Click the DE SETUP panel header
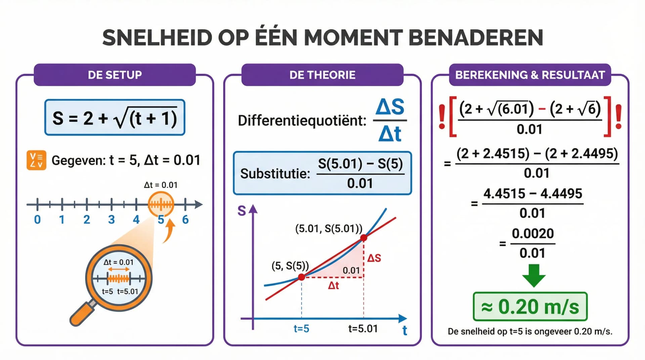(115, 75)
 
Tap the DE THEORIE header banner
(322, 75)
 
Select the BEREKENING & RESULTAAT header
(530, 75)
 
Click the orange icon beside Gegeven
(36, 160)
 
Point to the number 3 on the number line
(112, 220)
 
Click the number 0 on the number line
(37, 220)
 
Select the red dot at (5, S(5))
(302, 277)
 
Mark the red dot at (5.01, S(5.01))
(363, 238)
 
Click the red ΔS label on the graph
(374, 258)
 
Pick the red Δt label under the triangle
(333, 286)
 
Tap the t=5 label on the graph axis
(301, 328)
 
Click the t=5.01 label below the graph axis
(363, 328)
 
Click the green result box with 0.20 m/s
(530, 307)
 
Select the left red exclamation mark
(442, 117)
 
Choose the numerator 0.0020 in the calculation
(533, 233)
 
